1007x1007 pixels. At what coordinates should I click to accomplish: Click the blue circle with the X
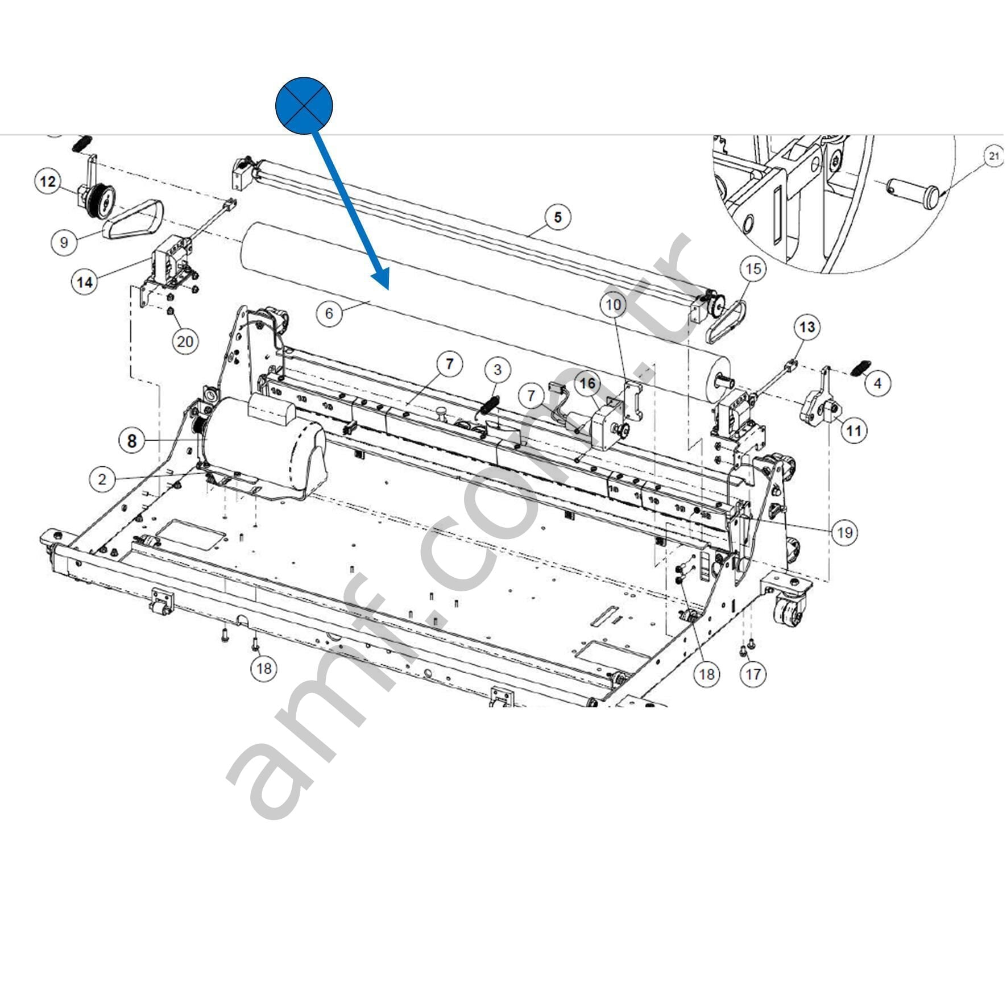click(x=304, y=106)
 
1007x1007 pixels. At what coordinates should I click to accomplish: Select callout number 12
click(x=48, y=181)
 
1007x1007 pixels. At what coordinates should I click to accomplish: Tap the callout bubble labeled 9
click(x=64, y=242)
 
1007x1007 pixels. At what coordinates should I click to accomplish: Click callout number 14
click(x=85, y=281)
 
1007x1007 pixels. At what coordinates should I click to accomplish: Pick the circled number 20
click(x=185, y=341)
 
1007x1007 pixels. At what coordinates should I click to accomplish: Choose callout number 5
click(x=557, y=217)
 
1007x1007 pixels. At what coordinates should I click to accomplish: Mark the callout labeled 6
click(x=329, y=312)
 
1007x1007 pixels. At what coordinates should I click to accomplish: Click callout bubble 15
click(x=753, y=268)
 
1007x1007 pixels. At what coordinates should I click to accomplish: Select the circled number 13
click(x=807, y=327)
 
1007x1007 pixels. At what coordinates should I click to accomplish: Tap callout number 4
click(x=877, y=384)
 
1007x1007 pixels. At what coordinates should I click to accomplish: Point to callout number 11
click(x=853, y=430)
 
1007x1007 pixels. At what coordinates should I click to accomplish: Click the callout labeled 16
click(x=587, y=384)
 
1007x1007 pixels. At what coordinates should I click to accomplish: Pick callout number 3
click(x=498, y=370)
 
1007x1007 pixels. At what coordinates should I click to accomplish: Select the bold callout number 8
click(x=132, y=441)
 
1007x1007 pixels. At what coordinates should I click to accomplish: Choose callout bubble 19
click(x=844, y=532)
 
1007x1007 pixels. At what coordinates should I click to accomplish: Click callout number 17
click(x=753, y=674)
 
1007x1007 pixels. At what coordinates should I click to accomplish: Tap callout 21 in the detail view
click(x=993, y=156)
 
